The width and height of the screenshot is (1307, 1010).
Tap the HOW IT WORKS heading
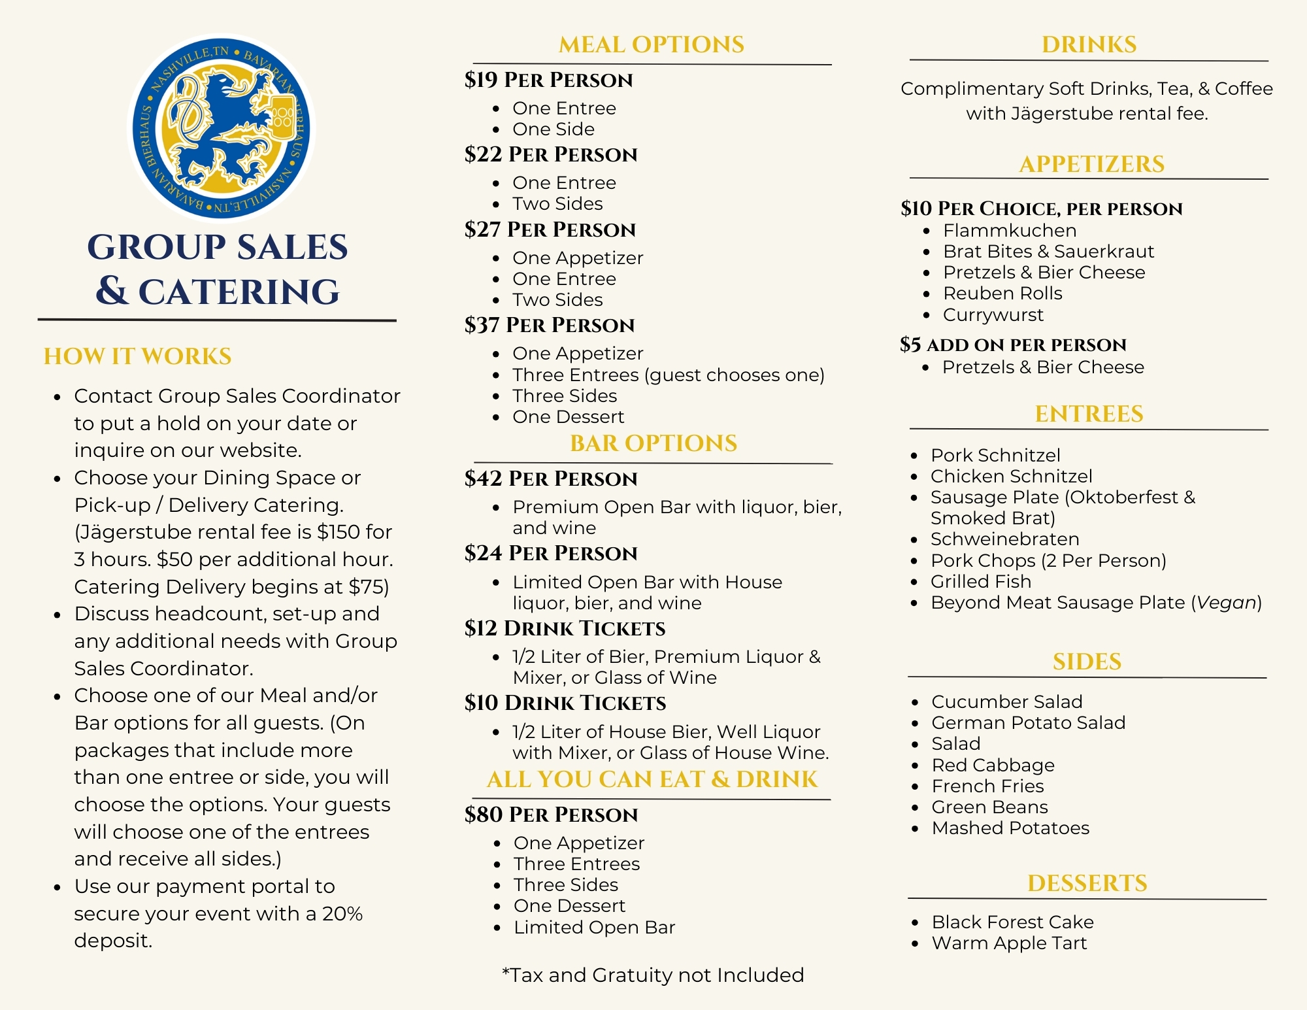(x=137, y=356)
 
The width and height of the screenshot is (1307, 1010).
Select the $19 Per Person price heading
(x=548, y=80)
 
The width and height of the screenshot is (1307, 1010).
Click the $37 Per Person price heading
(x=549, y=326)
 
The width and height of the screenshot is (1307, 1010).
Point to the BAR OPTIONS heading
(x=653, y=443)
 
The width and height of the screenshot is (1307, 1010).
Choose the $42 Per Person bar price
(x=550, y=479)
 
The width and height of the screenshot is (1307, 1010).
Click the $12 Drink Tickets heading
(x=565, y=628)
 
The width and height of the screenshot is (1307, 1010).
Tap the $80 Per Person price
(x=550, y=815)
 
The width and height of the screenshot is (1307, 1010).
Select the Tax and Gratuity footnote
(x=652, y=975)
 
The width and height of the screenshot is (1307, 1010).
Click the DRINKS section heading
(x=1089, y=44)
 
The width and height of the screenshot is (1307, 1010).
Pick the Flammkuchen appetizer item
(x=1009, y=231)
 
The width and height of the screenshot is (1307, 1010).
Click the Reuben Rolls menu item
(x=1002, y=294)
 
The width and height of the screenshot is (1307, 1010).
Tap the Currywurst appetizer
(x=993, y=315)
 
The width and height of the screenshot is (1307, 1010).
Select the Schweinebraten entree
(x=1004, y=539)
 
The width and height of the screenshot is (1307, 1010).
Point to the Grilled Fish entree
(x=980, y=582)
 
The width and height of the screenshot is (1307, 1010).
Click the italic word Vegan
(x=1226, y=603)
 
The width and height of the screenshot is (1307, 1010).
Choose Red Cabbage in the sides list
(x=993, y=766)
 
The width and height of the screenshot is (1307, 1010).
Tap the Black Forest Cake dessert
(x=1012, y=922)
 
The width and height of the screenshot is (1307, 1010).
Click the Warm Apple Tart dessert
(x=1009, y=943)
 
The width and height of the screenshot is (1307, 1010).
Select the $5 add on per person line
(x=1012, y=345)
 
